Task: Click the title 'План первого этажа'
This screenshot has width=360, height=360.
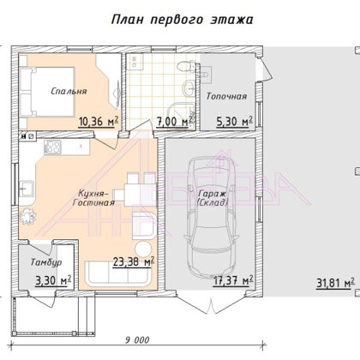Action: click(182, 20)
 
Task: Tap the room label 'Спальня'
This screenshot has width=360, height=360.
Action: click(69, 91)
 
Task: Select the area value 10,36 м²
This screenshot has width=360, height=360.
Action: click(99, 121)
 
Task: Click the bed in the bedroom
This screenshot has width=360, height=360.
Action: click(47, 92)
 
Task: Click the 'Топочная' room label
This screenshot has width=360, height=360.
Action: click(226, 96)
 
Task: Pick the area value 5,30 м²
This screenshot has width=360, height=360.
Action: click(235, 121)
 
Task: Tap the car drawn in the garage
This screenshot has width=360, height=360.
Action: click(212, 218)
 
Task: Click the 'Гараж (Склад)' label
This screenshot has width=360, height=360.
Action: click(213, 198)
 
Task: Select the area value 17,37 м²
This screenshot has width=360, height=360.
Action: click(233, 280)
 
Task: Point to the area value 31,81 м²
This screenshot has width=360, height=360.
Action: click(336, 283)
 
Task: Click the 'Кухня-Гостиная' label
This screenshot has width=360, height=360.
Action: click(93, 198)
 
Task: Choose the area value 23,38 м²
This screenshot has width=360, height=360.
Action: click(134, 261)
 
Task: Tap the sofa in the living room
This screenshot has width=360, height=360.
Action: click(118, 273)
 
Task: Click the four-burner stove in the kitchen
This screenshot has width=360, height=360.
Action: click(52, 147)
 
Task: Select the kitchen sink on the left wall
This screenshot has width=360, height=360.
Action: click(27, 189)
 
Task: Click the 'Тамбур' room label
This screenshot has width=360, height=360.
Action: click(46, 262)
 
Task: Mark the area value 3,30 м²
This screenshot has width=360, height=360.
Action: click(53, 280)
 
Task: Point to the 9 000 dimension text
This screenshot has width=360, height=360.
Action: click(137, 340)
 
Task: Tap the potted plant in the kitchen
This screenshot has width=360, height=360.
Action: click(27, 217)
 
